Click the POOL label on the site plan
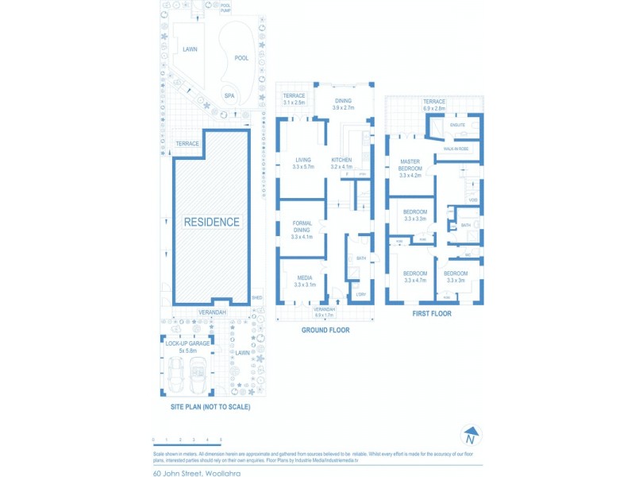click(x=242, y=58)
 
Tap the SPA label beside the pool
click(x=229, y=96)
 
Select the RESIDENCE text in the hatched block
click(x=211, y=223)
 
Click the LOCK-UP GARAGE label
click(x=187, y=343)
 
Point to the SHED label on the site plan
click(x=257, y=297)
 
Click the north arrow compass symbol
click(x=471, y=436)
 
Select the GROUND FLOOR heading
click(x=325, y=330)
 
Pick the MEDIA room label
click(x=304, y=281)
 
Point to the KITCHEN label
click(x=341, y=161)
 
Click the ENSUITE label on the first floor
click(x=457, y=125)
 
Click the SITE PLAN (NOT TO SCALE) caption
click(x=210, y=407)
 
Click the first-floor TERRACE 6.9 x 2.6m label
click(x=434, y=105)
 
